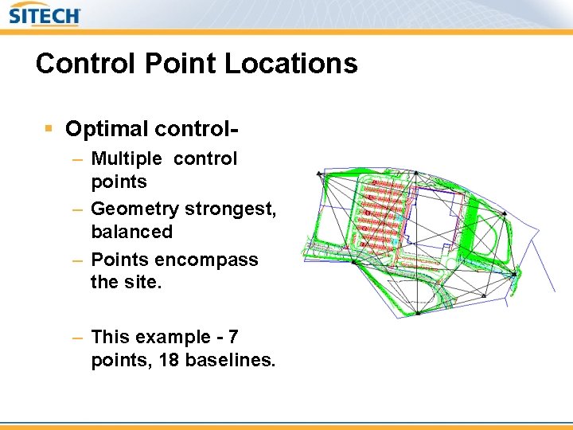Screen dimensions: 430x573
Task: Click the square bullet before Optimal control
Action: click(x=49, y=128)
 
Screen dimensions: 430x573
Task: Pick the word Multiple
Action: click(x=127, y=158)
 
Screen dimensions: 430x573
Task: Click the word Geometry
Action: click(x=134, y=209)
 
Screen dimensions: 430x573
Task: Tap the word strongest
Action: click(x=230, y=209)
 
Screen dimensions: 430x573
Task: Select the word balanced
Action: click(x=131, y=232)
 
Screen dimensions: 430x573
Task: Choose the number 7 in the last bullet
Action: click(x=232, y=338)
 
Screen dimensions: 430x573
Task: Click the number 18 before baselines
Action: click(x=169, y=361)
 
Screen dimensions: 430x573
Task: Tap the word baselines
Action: click(x=230, y=361)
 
